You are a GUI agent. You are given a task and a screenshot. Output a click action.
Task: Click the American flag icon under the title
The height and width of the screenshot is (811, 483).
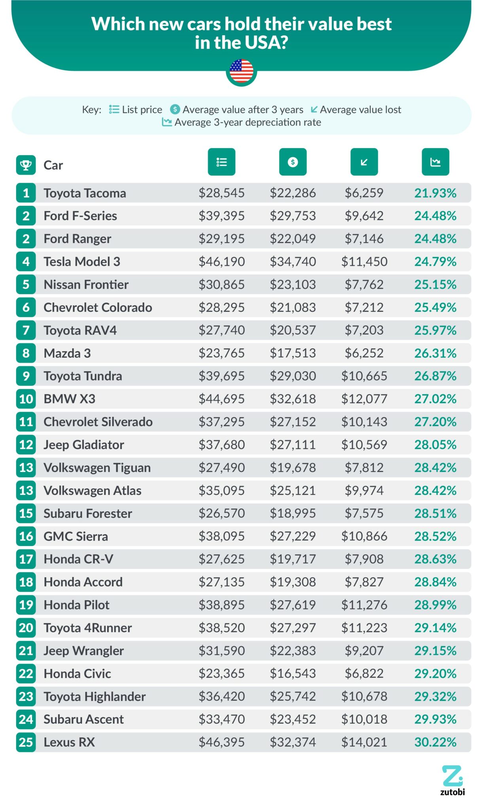coord(241,71)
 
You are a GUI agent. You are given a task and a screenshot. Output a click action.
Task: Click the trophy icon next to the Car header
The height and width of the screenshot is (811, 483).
coord(26,165)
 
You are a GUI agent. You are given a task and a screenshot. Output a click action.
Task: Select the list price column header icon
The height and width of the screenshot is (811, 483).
coord(222,162)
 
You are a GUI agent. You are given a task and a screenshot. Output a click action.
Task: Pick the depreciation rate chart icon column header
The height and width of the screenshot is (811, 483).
coord(435,162)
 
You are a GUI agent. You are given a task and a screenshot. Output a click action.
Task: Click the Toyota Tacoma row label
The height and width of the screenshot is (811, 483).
coord(85,193)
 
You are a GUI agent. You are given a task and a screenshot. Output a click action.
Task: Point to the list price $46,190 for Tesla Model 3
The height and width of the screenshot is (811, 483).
coord(222,262)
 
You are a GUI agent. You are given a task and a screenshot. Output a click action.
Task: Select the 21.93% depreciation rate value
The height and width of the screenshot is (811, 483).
coord(435,193)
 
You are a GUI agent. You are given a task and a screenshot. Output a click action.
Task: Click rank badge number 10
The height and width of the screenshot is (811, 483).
coord(26,399)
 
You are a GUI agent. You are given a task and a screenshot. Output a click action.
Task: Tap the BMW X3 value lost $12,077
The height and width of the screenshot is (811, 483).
coord(364,399)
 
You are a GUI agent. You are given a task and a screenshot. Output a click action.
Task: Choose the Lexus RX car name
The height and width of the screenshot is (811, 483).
coord(69,742)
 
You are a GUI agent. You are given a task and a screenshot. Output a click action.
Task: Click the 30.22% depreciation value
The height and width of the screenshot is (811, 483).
coord(435,742)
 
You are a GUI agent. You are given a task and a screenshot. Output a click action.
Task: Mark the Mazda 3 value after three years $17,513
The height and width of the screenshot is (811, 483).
coord(293,353)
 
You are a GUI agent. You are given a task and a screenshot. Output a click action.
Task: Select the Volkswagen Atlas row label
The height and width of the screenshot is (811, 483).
coord(92,491)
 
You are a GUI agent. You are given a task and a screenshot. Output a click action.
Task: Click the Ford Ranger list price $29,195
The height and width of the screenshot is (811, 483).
coord(222,239)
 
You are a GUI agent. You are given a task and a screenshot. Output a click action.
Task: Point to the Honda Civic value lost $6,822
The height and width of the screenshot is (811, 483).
coord(364,674)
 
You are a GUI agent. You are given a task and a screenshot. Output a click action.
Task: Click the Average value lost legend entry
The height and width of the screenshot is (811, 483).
coord(356,110)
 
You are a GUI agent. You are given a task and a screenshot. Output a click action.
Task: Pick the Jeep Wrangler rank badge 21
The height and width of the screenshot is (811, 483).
coord(26,651)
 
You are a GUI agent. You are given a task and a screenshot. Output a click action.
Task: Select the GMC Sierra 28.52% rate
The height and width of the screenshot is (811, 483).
coord(435,537)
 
